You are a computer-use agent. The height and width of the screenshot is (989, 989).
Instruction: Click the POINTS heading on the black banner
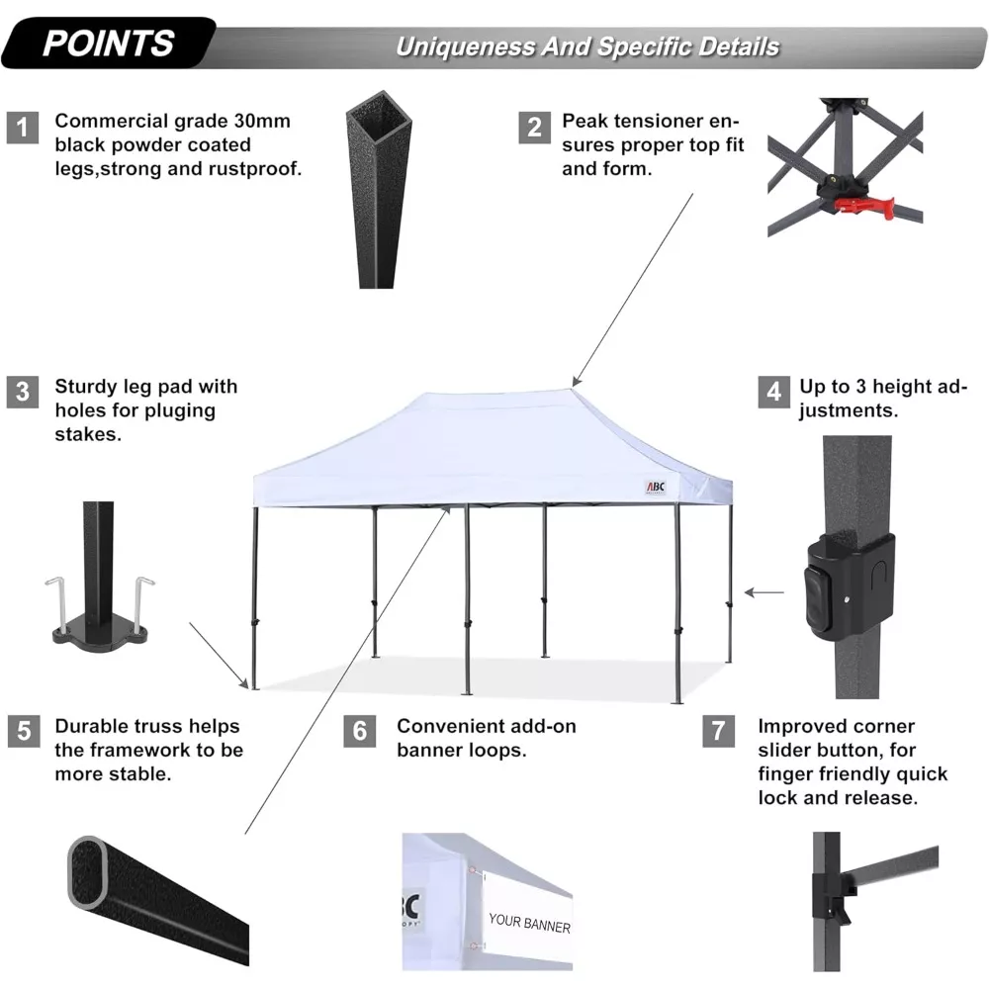click(109, 44)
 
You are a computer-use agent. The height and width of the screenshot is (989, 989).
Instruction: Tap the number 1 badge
click(23, 128)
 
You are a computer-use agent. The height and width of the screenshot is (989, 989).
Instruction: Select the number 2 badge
click(534, 128)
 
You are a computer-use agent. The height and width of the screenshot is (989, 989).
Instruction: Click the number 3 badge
click(23, 392)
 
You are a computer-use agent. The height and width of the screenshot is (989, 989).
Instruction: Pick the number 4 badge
click(774, 392)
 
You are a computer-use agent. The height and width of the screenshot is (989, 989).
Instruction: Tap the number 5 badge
click(24, 731)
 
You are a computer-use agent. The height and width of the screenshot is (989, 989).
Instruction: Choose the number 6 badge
click(360, 731)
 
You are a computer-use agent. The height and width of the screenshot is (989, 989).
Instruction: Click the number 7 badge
click(718, 731)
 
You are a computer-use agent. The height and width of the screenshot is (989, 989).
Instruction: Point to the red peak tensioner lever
click(864, 207)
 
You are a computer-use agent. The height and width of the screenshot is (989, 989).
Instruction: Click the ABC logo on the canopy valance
click(656, 487)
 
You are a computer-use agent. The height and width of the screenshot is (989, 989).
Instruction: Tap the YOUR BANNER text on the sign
click(529, 923)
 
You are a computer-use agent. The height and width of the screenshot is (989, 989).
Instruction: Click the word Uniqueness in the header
click(465, 47)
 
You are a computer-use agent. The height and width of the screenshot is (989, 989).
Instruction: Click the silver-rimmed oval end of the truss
click(87, 873)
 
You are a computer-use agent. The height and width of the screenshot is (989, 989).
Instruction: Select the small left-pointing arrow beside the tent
click(764, 592)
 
